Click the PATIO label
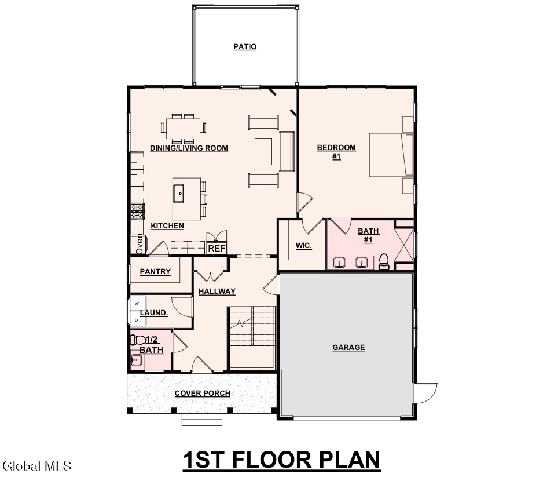point(245,47)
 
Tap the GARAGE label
point(348,347)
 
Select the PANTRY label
point(155,271)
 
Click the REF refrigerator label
point(217,248)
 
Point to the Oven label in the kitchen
point(139,244)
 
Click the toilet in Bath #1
point(384,261)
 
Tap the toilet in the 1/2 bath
point(138,340)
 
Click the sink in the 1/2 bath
point(135,360)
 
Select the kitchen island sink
point(179,193)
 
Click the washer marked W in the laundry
point(137,303)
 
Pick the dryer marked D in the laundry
point(137,320)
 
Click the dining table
point(183,128)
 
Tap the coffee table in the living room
point(263,151)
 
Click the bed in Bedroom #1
point(391,155)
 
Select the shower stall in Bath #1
point(404,245)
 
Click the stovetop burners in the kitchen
point(137,211)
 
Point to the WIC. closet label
point(304,246)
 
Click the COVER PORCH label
point(202,394)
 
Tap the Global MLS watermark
point(36,466)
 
